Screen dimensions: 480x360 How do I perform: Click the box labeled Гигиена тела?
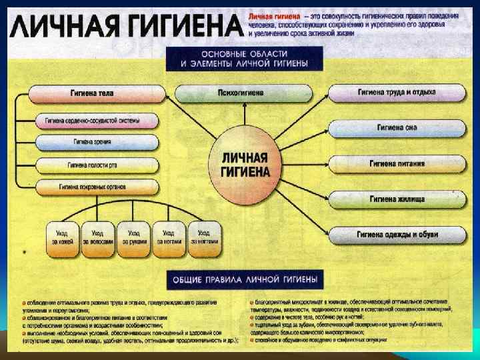(x=97, y=93)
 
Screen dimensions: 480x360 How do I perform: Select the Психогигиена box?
(x=241, y=93)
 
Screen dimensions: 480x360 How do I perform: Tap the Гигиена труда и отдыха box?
(x=396, y=92)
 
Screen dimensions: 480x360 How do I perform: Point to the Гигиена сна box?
(x=396, y=127)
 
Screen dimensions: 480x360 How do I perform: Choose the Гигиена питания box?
(x=396, y=163)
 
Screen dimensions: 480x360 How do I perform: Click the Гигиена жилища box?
(x=396, y=198)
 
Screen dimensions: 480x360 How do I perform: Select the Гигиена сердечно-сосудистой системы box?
(x=97, y=121)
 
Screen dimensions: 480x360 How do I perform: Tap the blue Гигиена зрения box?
(x=97, y=142)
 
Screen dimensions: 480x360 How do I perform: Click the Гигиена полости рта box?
(x=97, y=164)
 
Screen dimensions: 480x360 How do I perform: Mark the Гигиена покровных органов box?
(x=97, y=186)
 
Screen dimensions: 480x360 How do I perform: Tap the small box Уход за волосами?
(x=97, y=237)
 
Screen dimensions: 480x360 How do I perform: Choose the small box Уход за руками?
(x=133, y=237)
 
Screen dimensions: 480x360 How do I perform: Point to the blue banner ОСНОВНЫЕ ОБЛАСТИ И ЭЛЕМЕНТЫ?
(x=243, y=59)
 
